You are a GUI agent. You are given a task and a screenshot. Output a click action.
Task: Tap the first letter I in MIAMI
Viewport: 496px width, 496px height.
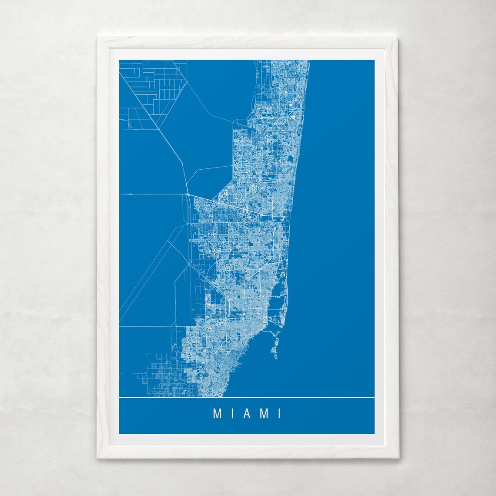pyautogui.click(x=232, y=413)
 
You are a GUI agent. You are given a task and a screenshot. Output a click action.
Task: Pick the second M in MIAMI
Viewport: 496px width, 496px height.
pyautogui.click(x=264, y=413)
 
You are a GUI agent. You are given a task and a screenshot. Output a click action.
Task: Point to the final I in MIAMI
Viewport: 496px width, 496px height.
pyautogui.click(x=279, y=413)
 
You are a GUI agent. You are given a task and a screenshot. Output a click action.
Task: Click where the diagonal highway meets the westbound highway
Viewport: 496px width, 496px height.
pyautogui.click(x=187, y=193)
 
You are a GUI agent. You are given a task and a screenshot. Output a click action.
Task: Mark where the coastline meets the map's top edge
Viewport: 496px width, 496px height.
pyautogui.click(x=309, y=60)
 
